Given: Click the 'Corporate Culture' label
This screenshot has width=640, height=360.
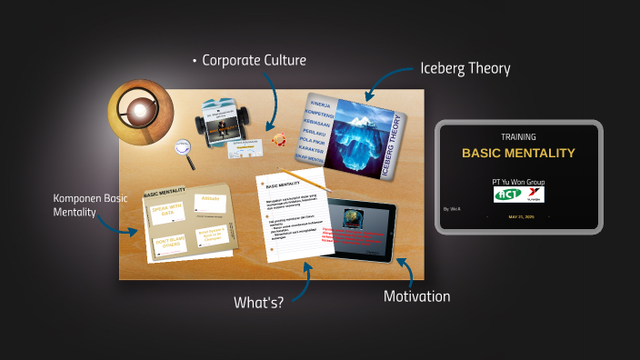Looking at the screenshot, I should point(254,61).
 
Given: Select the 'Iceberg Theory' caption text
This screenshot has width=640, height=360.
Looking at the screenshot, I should point(465,68).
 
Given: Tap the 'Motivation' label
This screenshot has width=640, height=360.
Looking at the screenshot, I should point(416,295).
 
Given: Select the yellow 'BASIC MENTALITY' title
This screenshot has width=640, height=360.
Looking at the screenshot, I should point(518,153).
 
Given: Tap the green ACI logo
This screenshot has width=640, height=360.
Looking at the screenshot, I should point(505,195).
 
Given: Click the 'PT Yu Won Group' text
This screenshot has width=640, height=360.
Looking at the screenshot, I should point(518,182).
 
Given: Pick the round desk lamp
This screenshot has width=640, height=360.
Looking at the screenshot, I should point(140,110).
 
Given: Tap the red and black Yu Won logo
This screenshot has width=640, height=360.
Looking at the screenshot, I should point(532,195).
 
